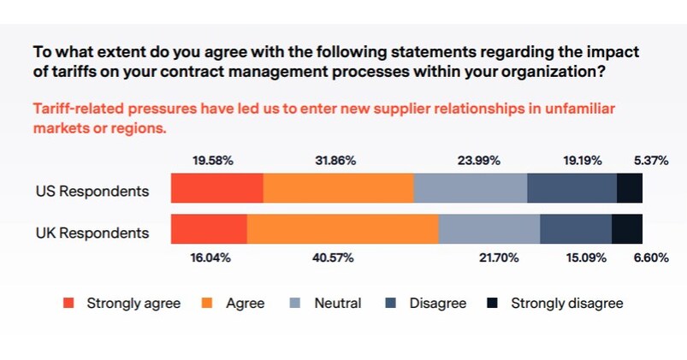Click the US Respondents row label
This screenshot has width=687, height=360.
[x=92, y=191]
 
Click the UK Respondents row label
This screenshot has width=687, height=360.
[x=92, y=233]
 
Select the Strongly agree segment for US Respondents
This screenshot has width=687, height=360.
[x=217, y=187]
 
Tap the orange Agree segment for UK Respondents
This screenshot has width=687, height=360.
[x=342, y=229]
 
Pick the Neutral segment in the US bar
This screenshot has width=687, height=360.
[x=470, y=187]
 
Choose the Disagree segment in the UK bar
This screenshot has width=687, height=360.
[x=575, y=229]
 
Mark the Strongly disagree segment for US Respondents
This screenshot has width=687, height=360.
[x=629, y=187]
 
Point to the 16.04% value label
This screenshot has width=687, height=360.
[x=210, y=257]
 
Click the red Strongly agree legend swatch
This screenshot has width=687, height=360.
[x=69, y=303]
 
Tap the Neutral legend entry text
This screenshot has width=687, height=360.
[x=338, y=303]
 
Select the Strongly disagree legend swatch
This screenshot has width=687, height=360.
[x=493, y=303]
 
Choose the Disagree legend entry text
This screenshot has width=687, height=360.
[x=437, y=303]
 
